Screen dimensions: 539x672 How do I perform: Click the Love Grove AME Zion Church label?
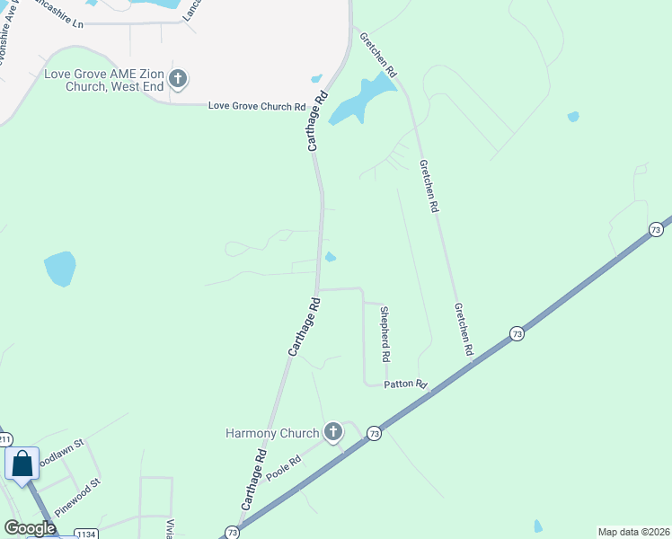coord(105,79)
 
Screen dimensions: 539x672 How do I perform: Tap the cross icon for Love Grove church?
coord(178,79)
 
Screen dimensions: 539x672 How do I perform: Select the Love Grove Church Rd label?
coord(257,106)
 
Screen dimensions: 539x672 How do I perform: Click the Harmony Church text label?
coord(272,434)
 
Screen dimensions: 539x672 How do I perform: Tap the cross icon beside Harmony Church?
coord(332,433)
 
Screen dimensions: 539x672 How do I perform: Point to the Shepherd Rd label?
coord(385,334)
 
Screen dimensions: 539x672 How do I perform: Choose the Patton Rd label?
coord(405,384)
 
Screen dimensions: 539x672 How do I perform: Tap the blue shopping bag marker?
coord(22,465)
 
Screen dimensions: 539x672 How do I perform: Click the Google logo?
coord(30,528)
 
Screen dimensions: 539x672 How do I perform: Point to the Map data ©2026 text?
coord(633,532)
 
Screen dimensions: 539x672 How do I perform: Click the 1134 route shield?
coord(86,535)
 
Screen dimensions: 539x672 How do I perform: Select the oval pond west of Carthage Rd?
coord(60,269)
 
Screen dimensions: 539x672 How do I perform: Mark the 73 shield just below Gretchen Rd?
coord(517,333)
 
